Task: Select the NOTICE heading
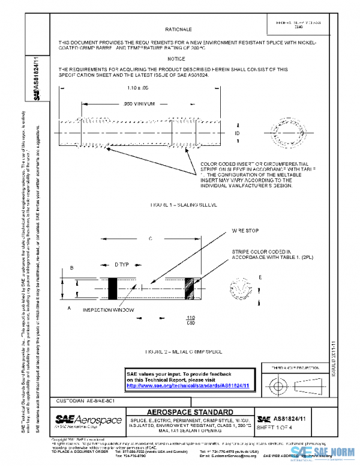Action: click(x=176, y=59)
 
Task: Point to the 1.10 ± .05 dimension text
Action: click(x=138, y=88)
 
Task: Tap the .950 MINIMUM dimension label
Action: click(x=139, y=104)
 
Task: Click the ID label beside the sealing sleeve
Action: click(x=238, y=132)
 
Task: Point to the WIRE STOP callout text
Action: click(x=245, y=231)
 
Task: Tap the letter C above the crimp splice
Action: click(x=149, y=238)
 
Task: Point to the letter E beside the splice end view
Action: click(x=259, y=277)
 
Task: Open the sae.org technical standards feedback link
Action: click(x=188, y=386)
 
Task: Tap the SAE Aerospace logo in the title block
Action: click(x=88, y=419)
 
